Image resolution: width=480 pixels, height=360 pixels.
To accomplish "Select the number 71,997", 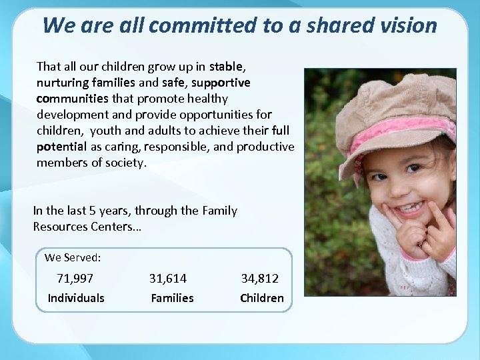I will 75,278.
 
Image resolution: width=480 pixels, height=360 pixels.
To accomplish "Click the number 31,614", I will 168,278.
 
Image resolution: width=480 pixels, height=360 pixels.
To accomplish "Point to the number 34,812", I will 260,278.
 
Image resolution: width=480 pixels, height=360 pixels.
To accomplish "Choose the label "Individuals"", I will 76,298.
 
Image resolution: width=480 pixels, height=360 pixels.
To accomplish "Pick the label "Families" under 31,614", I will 172,298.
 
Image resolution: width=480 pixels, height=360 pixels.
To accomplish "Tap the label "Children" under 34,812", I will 262,298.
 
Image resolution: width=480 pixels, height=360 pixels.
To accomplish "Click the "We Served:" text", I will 73,257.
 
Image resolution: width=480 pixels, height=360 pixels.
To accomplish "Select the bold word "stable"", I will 227,67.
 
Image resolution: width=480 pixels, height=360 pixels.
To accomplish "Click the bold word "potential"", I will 61,147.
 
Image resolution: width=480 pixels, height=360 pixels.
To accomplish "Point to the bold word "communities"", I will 73,99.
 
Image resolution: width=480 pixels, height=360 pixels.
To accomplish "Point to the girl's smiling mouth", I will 408,209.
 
